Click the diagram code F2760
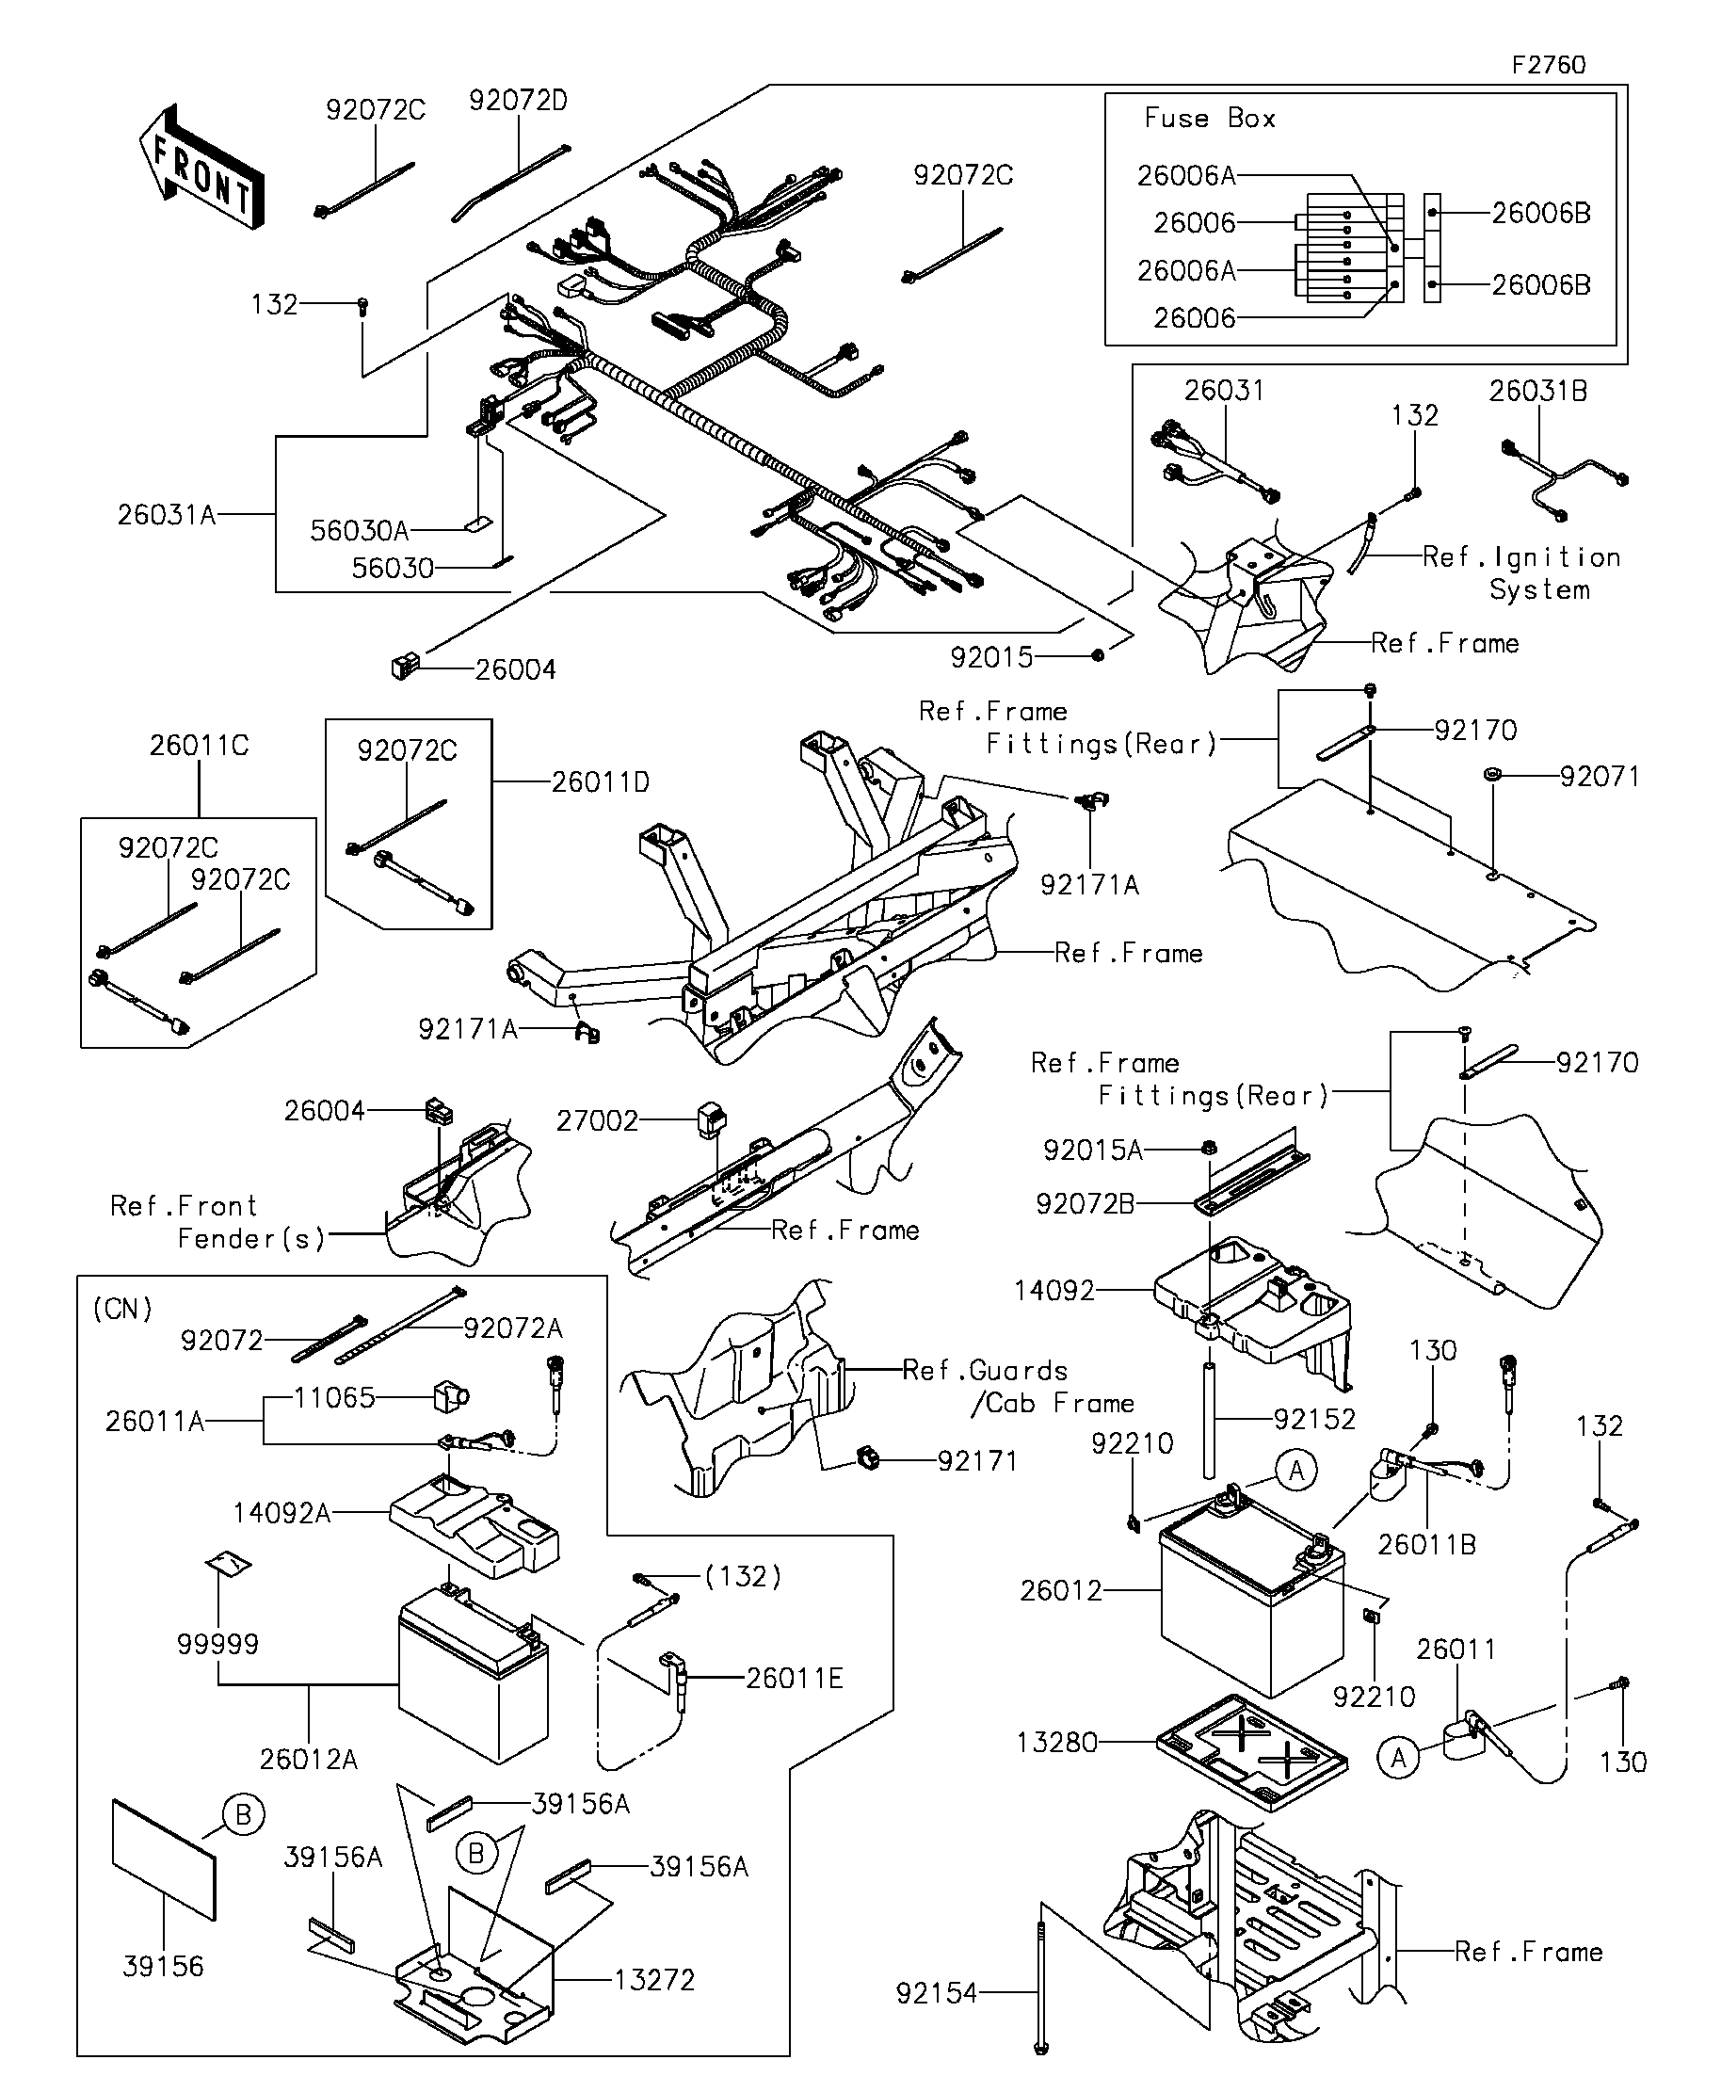(x=1548, y=65)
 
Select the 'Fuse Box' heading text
(x=1209, y=119)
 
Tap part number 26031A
(x=166, y=515)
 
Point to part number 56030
(x=393, y=569)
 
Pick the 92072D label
(x=518, y=101)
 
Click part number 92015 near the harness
(x=990, y=656)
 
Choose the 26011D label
(x=600, y=782)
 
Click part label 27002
(x=597, y=1120)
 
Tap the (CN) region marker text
(x=122, y=1309)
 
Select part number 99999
(x=217, y=1644)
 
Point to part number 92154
(x=936, y=1994)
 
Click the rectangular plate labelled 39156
(x=164, y=1859)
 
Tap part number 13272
(x=654, y=1980)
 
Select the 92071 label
(x=1600, y=777)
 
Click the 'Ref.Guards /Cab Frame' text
(x=1018, y=1386)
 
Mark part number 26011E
(x=794, y=1678)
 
